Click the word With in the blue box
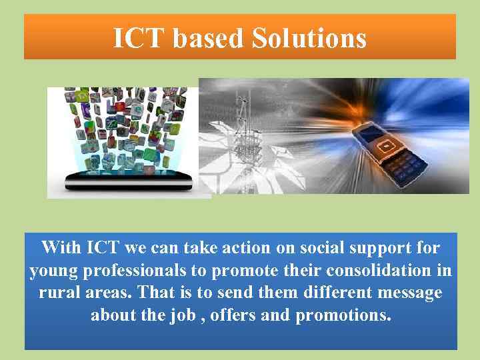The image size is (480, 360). coord(62,249)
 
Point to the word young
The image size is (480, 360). coord(51,271)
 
